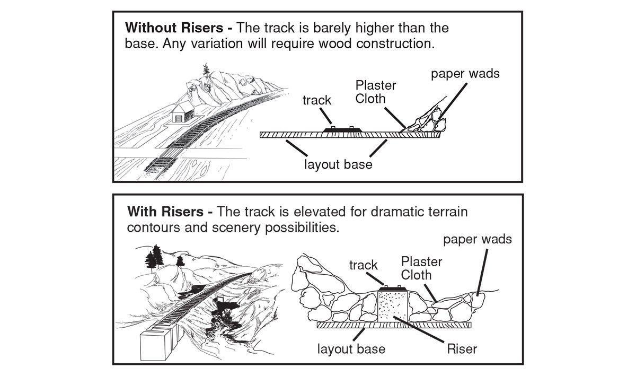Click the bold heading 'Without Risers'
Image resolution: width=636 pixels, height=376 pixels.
coord(174,28)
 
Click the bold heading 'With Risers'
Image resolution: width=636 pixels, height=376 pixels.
coord(165,212)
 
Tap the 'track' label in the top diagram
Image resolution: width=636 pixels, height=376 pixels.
coord(316,100)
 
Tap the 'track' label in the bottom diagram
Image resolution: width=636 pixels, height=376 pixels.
coord(364,265)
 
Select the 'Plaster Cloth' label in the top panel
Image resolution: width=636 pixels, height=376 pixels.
coord(376,92)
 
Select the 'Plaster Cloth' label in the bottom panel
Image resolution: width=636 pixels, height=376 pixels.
coord(422,268)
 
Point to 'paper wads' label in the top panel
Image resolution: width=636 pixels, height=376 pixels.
coord(465,74)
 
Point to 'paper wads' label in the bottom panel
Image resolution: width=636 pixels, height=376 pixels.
coord(478,240)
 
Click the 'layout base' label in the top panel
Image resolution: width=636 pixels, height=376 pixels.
coord(338,164)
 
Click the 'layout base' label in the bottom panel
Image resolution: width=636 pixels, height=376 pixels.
coord(351,349)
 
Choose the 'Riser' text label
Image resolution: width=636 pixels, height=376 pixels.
coord(462,349)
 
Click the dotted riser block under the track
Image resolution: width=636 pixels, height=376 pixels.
coord(393,307)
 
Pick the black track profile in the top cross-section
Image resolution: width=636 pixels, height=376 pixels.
coord(342,129)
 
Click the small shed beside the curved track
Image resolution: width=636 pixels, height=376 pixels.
coord(183,112)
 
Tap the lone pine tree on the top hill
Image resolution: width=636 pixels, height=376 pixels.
coord(206,72)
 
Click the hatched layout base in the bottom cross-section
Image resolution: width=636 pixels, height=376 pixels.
coord(394,325)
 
